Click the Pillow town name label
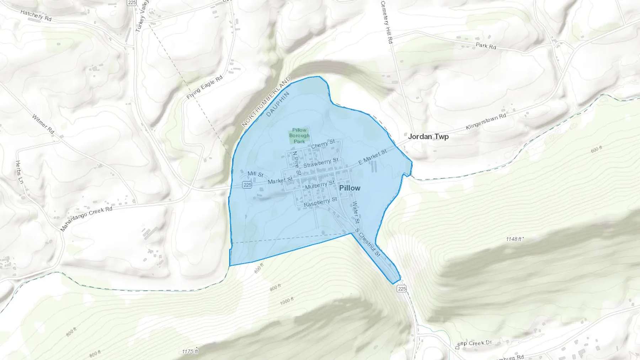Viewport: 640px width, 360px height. tap(350, 188)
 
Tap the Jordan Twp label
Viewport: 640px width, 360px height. tap(428, 136)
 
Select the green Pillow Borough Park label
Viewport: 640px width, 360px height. tap(299, 136)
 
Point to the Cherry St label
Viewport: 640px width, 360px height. tap(323, 144)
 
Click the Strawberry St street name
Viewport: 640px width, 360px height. tap(321, 163)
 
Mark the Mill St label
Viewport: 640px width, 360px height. tap(255, 174)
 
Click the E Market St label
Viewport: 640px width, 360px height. tap(372, 157)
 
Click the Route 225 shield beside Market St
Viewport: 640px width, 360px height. tap(247, 185)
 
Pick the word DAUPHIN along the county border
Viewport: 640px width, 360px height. tap(278, 104)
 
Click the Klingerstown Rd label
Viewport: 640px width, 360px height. tap(486, 122)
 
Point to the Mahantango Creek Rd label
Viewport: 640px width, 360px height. tap(86, 219)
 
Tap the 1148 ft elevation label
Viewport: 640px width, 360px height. tap(514, 239)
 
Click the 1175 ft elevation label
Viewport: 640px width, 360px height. tap(190, 351)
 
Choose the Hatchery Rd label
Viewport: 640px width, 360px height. tap(36, 15)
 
